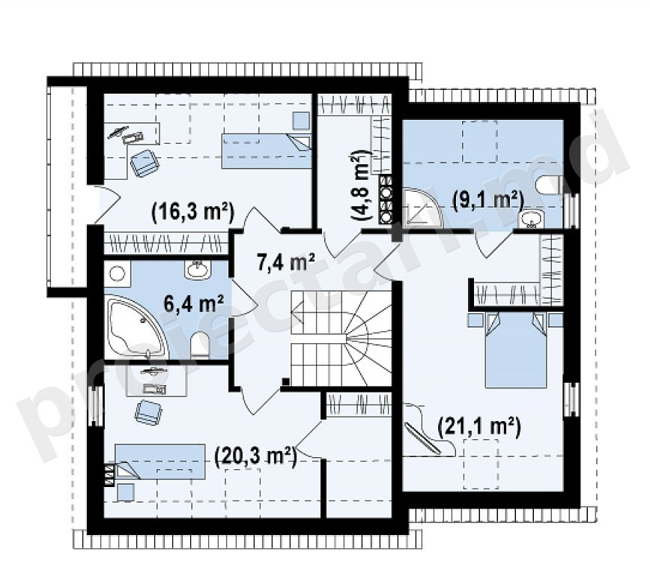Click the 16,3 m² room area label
(x=193, y=212)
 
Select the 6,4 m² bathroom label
(x=194, y=303)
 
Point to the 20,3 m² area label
(x=255, y=457)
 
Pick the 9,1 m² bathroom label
(x=487, y=200)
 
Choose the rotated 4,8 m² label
(x=359, y=184)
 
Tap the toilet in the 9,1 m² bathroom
(x=549, y=184)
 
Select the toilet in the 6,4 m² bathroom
(x=201, y=342)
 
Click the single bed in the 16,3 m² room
(x=266, y=151)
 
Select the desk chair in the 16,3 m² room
(x=145, y=163)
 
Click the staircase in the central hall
(x=341, y=339)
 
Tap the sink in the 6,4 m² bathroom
(x=198, y=270)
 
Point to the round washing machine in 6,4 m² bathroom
(x=118, y=274)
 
